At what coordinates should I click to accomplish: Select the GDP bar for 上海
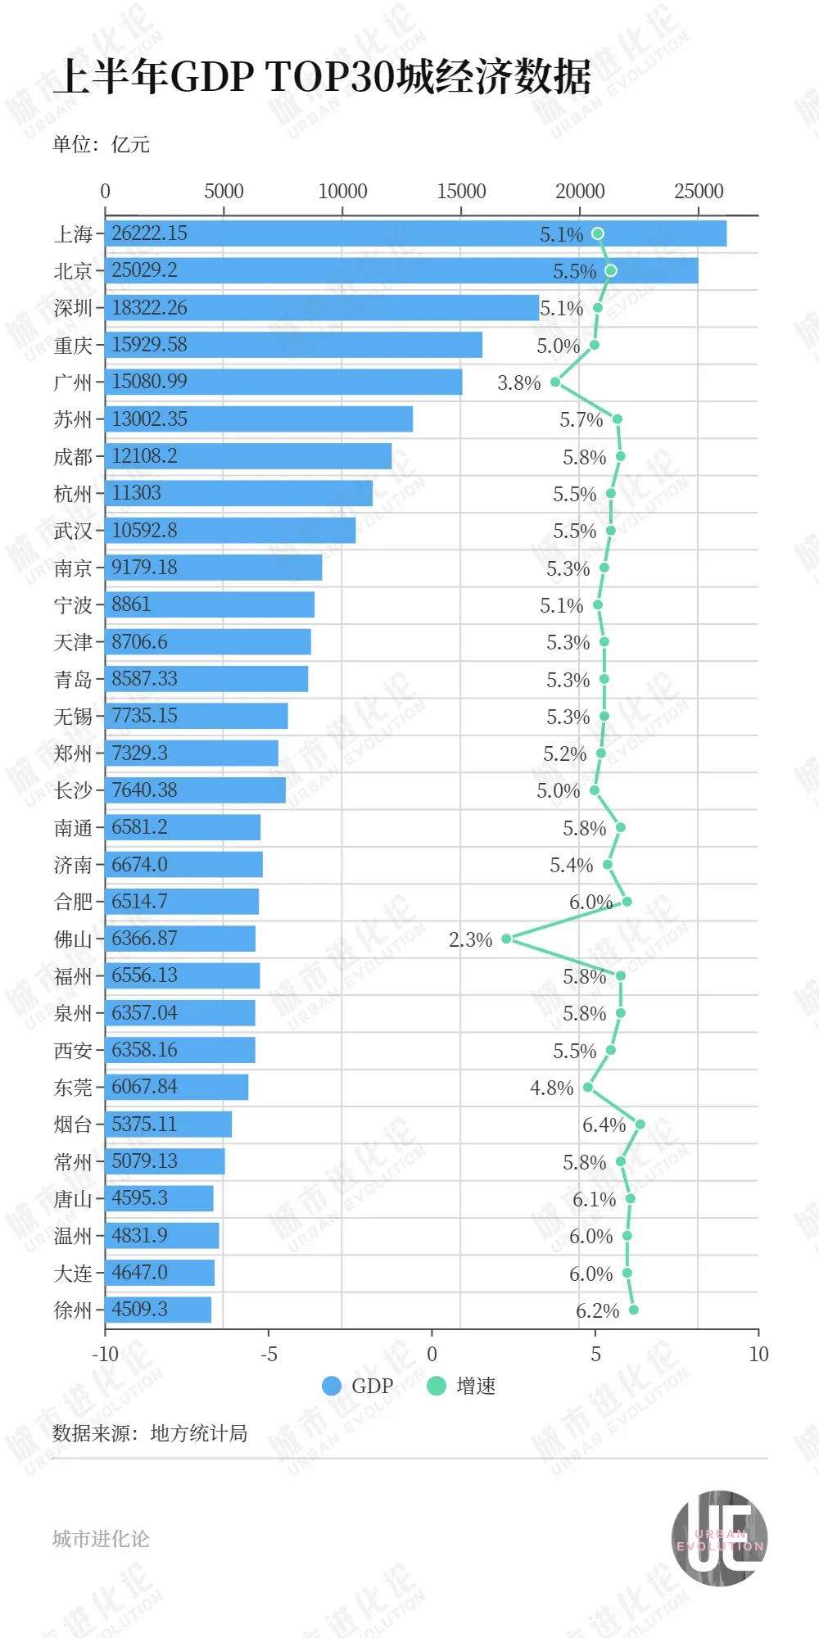pyautogui.click(x=415, y=233)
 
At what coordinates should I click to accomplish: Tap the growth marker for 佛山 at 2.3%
pyautogui.click(x=506, y=939)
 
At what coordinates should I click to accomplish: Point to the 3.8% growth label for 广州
pyautogui.click(x=519, y=382)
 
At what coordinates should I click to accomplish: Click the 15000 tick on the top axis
pyautogui.click(x=461, y=192)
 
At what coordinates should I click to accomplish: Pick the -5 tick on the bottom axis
pyautogui.click(x=269, y=1354)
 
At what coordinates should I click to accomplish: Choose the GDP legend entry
pyautogui.click(x=358, y=1386)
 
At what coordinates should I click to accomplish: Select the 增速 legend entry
pyautogui.click(x=462, y=1386)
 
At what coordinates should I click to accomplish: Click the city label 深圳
pyautogui.click(x=74, y=308)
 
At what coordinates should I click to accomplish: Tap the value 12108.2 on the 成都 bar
pyautogui.click(x=144, y=456)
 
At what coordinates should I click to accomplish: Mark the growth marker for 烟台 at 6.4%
pyautogui.click(x=640, y=1124)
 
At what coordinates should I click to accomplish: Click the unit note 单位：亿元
pyautogui.click(x=101, y=145)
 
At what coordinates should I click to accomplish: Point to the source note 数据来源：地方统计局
pyautogui.click(x=150, y=1433)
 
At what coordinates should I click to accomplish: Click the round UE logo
pyautogui.click(x=719, y=1537)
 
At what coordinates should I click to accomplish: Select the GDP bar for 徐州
pyautogui.click(x=158, y=1310)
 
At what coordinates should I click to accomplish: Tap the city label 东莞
pyautogui.click(x=74, y=1087)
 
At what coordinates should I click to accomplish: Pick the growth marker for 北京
pyautogui.click(x=610, y=270)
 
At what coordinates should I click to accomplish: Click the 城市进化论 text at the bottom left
pyautogui.click(x=101, y=1539)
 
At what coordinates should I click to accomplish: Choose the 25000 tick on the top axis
pyautogui.click(x=699, y=192)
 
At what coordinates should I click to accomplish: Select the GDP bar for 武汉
pyautogui.click(x=230, y=531)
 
